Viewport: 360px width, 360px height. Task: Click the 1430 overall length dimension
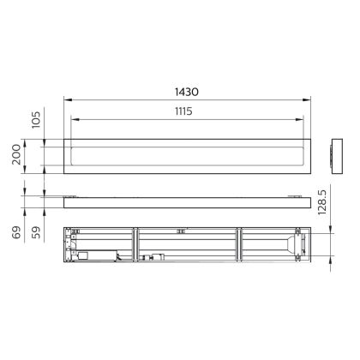pos(187,92)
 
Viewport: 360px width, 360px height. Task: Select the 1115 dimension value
pos(183,111)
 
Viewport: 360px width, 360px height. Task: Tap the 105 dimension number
pos(36,120)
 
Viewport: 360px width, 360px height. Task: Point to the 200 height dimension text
pos(16,154)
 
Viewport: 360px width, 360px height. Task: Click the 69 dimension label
pos(16,232)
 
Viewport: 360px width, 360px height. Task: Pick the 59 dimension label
pos(36,232)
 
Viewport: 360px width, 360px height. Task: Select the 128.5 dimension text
pos(321,202)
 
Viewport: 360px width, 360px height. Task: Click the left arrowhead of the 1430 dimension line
pos(68,100)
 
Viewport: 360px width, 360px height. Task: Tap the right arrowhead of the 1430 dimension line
pos(307,100)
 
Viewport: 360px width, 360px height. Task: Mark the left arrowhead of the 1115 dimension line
pos(75,119)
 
